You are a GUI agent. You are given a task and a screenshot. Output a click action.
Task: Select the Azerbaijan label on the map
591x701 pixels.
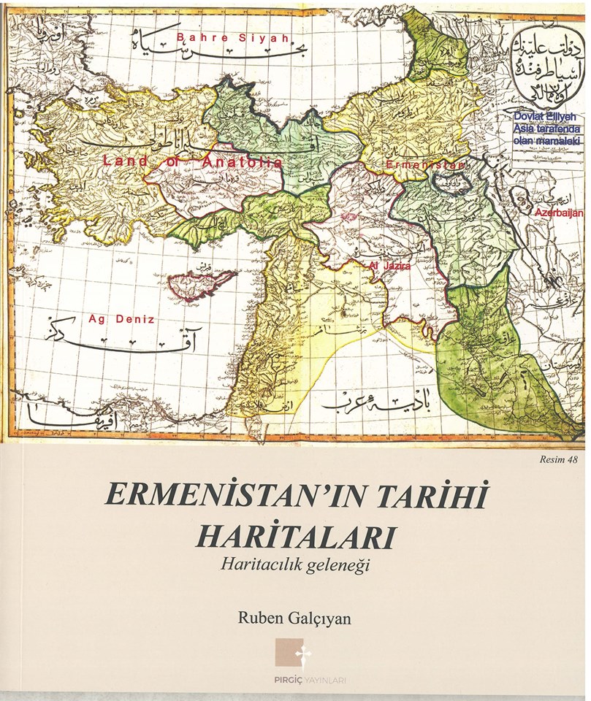click(559, 212)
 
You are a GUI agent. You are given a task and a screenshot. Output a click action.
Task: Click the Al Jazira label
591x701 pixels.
click(390, 267)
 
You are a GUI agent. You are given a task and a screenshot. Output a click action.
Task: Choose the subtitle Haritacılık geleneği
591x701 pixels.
click(295, 564)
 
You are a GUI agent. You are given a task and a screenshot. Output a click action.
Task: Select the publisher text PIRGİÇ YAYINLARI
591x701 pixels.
click(295, 681)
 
